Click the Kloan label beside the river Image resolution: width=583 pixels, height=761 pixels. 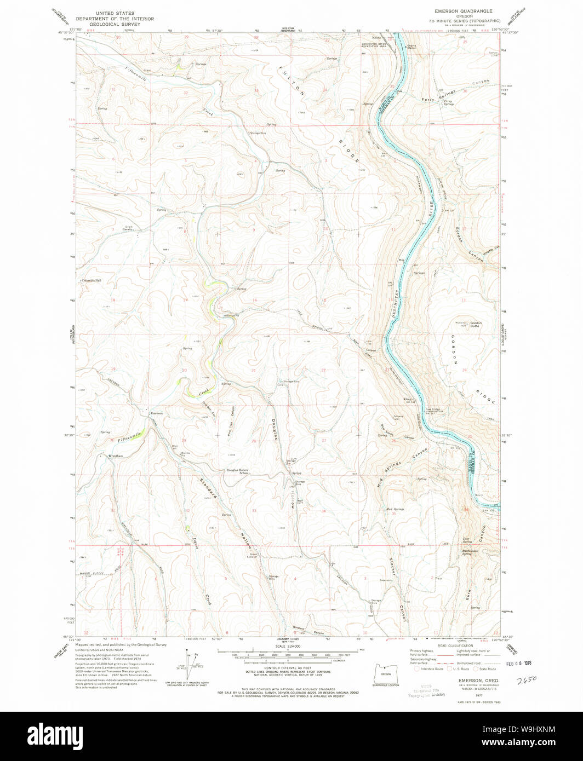coord(408,399)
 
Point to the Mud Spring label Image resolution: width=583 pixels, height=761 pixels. coord(395,509)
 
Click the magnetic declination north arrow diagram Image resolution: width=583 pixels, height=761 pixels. coord(190,662)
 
